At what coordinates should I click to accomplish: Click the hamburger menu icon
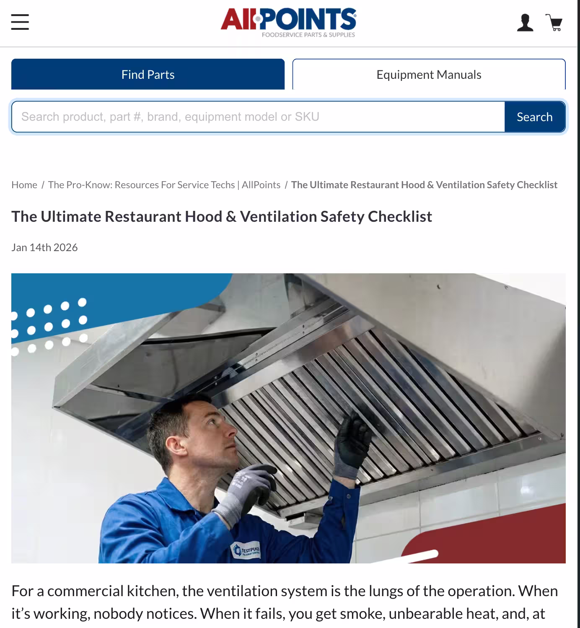tap(20, 22)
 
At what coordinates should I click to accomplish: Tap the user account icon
tap(525, 23)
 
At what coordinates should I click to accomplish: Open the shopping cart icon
tap(554, 23)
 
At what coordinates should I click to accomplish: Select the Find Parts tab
tap(148, 74)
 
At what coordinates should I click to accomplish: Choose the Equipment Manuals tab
tap(428, 74)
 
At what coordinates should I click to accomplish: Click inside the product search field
tap(257, 117)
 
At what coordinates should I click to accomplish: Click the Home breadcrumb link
tap(24, 185)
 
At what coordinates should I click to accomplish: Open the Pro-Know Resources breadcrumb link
tap(164, 185)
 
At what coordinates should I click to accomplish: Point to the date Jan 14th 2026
tap(44, 247)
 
